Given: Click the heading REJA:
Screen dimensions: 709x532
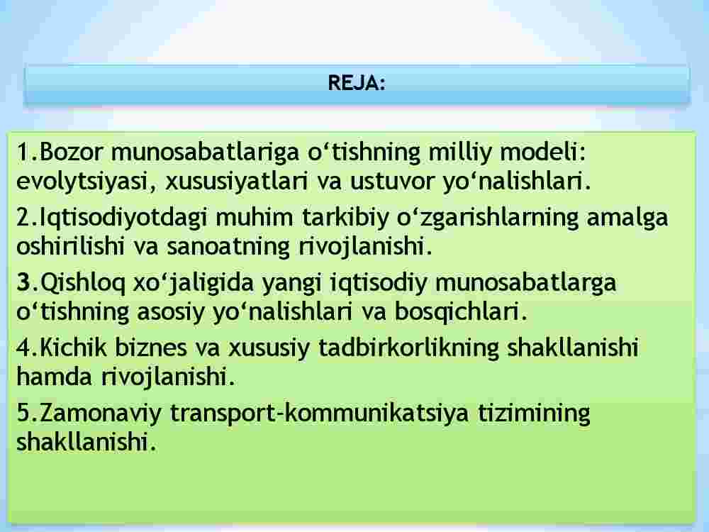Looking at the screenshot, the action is (357, 83).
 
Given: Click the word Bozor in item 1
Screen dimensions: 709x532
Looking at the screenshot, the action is (72, 152).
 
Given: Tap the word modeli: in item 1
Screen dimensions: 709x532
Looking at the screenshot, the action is (542, 152).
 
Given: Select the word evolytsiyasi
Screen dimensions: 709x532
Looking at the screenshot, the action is (86, 182).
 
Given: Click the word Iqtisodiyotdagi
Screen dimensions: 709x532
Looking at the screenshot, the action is (123, 218).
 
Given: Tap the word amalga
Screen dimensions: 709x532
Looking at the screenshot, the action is (627, 218).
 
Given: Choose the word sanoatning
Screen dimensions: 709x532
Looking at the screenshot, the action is (228, 247).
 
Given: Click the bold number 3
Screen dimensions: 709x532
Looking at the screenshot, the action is (23, 282).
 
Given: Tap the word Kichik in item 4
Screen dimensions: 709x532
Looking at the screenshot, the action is (74, 348).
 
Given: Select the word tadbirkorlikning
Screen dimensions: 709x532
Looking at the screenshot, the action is (409, 348).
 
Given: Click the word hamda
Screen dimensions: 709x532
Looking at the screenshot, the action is (55, 377).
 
